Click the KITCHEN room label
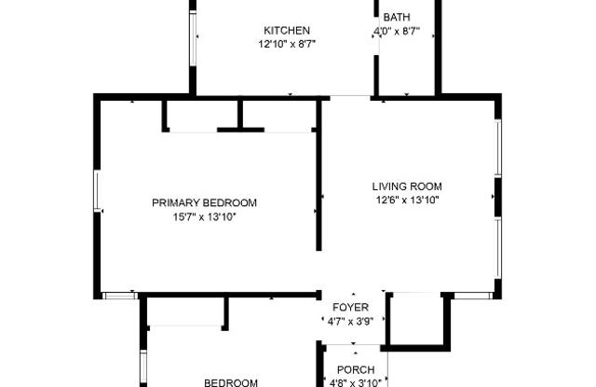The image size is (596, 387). (x=287, y=31)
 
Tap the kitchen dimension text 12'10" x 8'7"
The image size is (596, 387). (x=287, y=44)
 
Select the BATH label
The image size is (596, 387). (x=397, y=17)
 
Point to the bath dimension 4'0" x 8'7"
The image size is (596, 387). (x=397, y=31)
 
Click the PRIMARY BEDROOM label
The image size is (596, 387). (x=205, y=202)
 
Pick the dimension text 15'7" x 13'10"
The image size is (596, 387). (x=205, y=217)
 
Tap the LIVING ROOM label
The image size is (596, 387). (x=407, y=187)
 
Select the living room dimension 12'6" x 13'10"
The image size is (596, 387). (x=408, y=200)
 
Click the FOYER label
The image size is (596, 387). (x=350, y=307)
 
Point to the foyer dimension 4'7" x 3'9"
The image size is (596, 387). (x=350, y=322)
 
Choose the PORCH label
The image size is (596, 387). (x=356, y=369)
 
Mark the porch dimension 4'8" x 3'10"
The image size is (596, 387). (x=356, y=382)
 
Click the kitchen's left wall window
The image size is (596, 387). (x=193, y=38)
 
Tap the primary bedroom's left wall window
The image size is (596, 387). (x=97, y=191)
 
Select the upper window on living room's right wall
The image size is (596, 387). (x=498, y=148)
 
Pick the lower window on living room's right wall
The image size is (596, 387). (x=498, y=248)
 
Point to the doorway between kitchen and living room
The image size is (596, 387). (x=350, y=96)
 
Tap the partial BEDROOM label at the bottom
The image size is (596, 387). (x=231, y=382)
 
